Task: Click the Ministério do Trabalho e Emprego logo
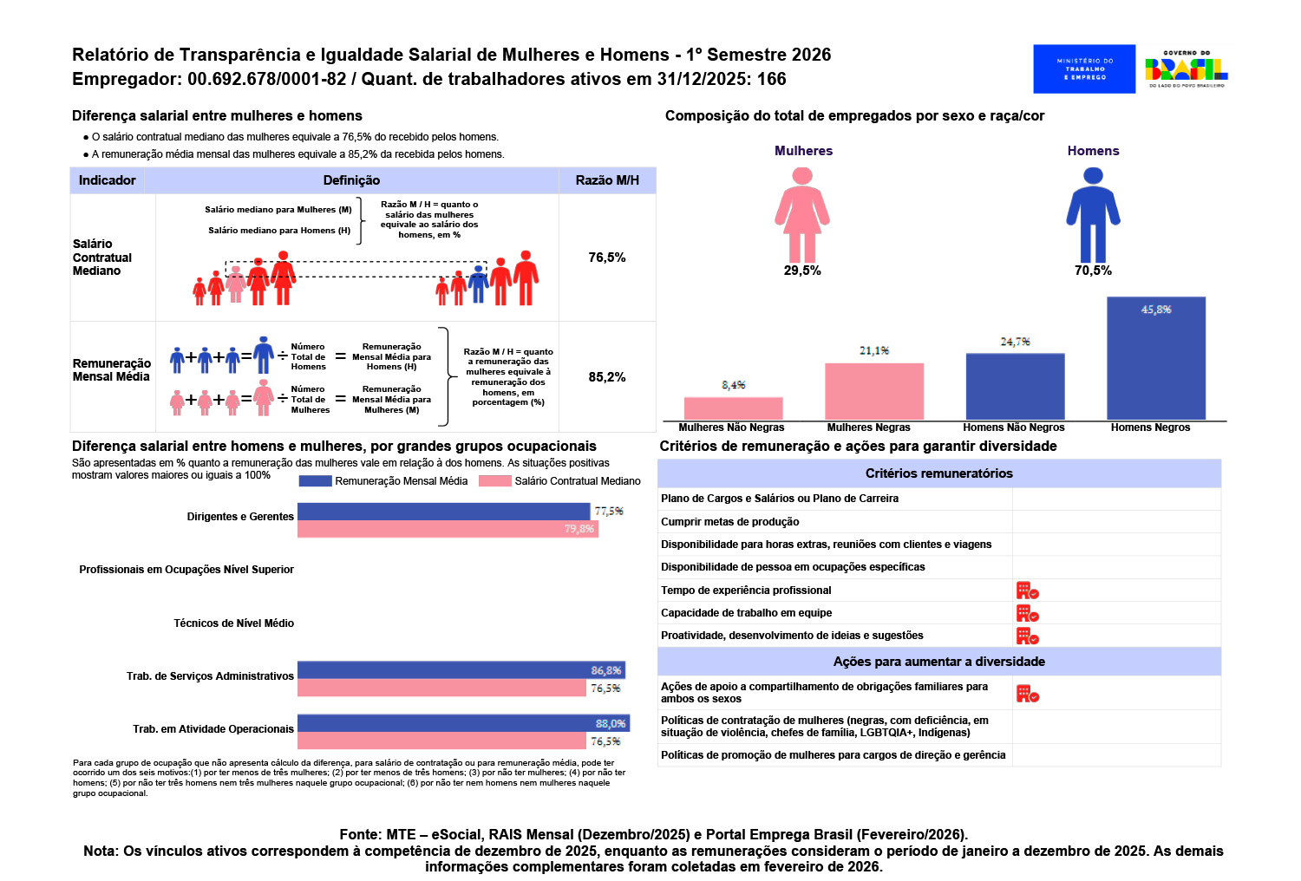click(1084, 69)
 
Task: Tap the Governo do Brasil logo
click(1186, 69)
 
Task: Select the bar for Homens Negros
click(1156, 358)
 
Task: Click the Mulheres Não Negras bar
click(733, 408)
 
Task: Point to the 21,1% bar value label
click(874, 350)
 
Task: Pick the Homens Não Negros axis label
click(1014, 427)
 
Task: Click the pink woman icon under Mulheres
click(802, 215)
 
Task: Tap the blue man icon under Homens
click(1093, 215)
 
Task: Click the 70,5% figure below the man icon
click(1093, 271)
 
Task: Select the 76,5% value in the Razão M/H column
click(607, 258)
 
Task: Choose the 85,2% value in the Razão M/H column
click(607, 377)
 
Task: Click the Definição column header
click(351, 180)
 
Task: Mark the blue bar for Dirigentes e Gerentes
click(444, 511)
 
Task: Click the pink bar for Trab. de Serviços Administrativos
click(441, 688)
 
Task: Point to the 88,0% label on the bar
click(611, 723)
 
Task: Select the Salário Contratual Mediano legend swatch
click(495, 481)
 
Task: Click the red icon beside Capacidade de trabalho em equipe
click(1027, 613)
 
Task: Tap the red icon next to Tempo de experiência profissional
click(1027, 591)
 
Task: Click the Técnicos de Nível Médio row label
click(233, 623)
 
